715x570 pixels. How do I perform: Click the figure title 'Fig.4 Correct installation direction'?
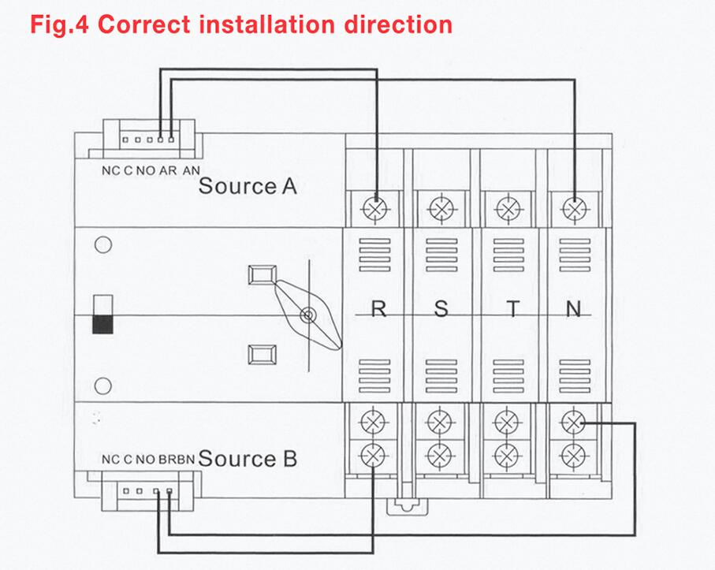240,23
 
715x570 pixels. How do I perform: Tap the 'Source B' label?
248,458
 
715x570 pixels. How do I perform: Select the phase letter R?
378,309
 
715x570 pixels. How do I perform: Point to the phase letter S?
441,309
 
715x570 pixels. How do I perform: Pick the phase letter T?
513,309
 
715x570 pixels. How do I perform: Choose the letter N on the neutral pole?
574,309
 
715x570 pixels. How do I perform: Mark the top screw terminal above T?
507,208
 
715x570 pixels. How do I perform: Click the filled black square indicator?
102,324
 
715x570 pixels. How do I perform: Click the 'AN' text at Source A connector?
192,170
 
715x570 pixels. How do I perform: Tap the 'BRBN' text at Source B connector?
176,459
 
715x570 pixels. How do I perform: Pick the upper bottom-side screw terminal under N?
572,423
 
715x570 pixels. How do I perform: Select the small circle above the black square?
102,245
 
